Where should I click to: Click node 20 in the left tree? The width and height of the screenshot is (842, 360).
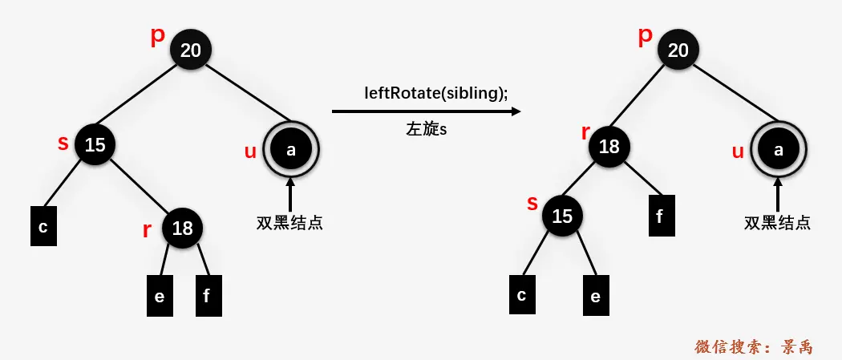[x=191, y=51]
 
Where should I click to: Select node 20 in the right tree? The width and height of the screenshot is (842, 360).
[x=678, y=51]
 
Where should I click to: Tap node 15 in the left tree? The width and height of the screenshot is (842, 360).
[x=95, y=145]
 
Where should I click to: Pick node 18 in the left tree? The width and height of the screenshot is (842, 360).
[x=183, y=229]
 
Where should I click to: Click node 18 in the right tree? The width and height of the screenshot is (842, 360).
[x=609, y=147]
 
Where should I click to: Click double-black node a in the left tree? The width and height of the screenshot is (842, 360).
[x=291, y=149]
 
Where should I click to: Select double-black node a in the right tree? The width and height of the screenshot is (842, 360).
[x=779, y=149]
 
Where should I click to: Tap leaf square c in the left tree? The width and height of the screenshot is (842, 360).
[x=43, y=227]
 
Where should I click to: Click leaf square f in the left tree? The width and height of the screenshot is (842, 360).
[x=208, y=296]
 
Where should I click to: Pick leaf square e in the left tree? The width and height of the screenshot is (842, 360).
[x=159, y=296]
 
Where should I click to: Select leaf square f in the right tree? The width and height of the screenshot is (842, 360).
[x=661, y=215]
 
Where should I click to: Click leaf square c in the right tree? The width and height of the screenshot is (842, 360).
[x=522, y=294]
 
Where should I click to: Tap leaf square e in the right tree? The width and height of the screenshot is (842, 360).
[x=595, y=296]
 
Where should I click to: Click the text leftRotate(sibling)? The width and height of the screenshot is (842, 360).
[x=436, y=92]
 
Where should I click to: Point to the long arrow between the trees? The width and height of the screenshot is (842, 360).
[x=426, y=112]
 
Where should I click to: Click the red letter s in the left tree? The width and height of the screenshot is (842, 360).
[x=63, y=144]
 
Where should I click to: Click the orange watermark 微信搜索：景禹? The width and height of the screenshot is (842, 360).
[x=754, y=347]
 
